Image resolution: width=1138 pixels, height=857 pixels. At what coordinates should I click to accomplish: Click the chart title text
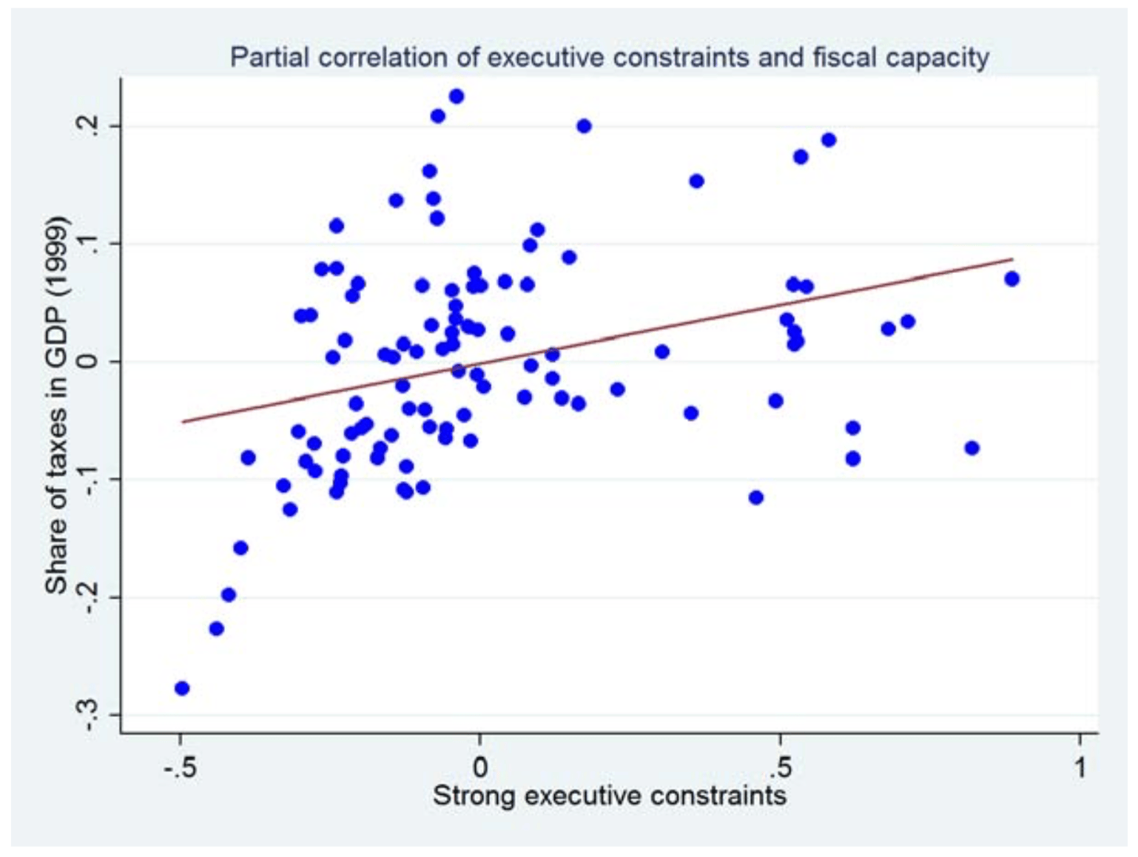pos(609,58)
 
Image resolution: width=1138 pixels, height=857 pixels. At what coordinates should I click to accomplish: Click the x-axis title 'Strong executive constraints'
pos(609,796)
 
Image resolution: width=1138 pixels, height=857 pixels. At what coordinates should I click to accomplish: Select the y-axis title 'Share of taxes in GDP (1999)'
pos(56,405)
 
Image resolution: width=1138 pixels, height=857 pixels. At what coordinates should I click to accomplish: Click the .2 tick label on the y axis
pos(88,126)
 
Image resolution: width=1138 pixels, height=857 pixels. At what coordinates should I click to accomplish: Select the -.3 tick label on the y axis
pos(88,713)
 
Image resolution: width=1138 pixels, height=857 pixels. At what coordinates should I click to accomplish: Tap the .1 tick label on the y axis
pos(88,243)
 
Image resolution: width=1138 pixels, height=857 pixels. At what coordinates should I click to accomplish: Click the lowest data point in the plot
pos(182,688)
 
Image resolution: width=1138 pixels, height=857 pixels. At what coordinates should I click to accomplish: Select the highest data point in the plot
pos(457,96)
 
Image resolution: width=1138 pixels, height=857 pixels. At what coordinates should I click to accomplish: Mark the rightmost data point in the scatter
pos(1011,279)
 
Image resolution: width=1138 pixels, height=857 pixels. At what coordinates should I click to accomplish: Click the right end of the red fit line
pos(1012,259)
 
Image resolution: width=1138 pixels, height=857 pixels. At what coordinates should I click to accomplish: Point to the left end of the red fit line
pos(182,422)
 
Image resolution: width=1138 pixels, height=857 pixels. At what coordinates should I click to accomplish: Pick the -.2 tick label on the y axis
pos(88,596)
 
